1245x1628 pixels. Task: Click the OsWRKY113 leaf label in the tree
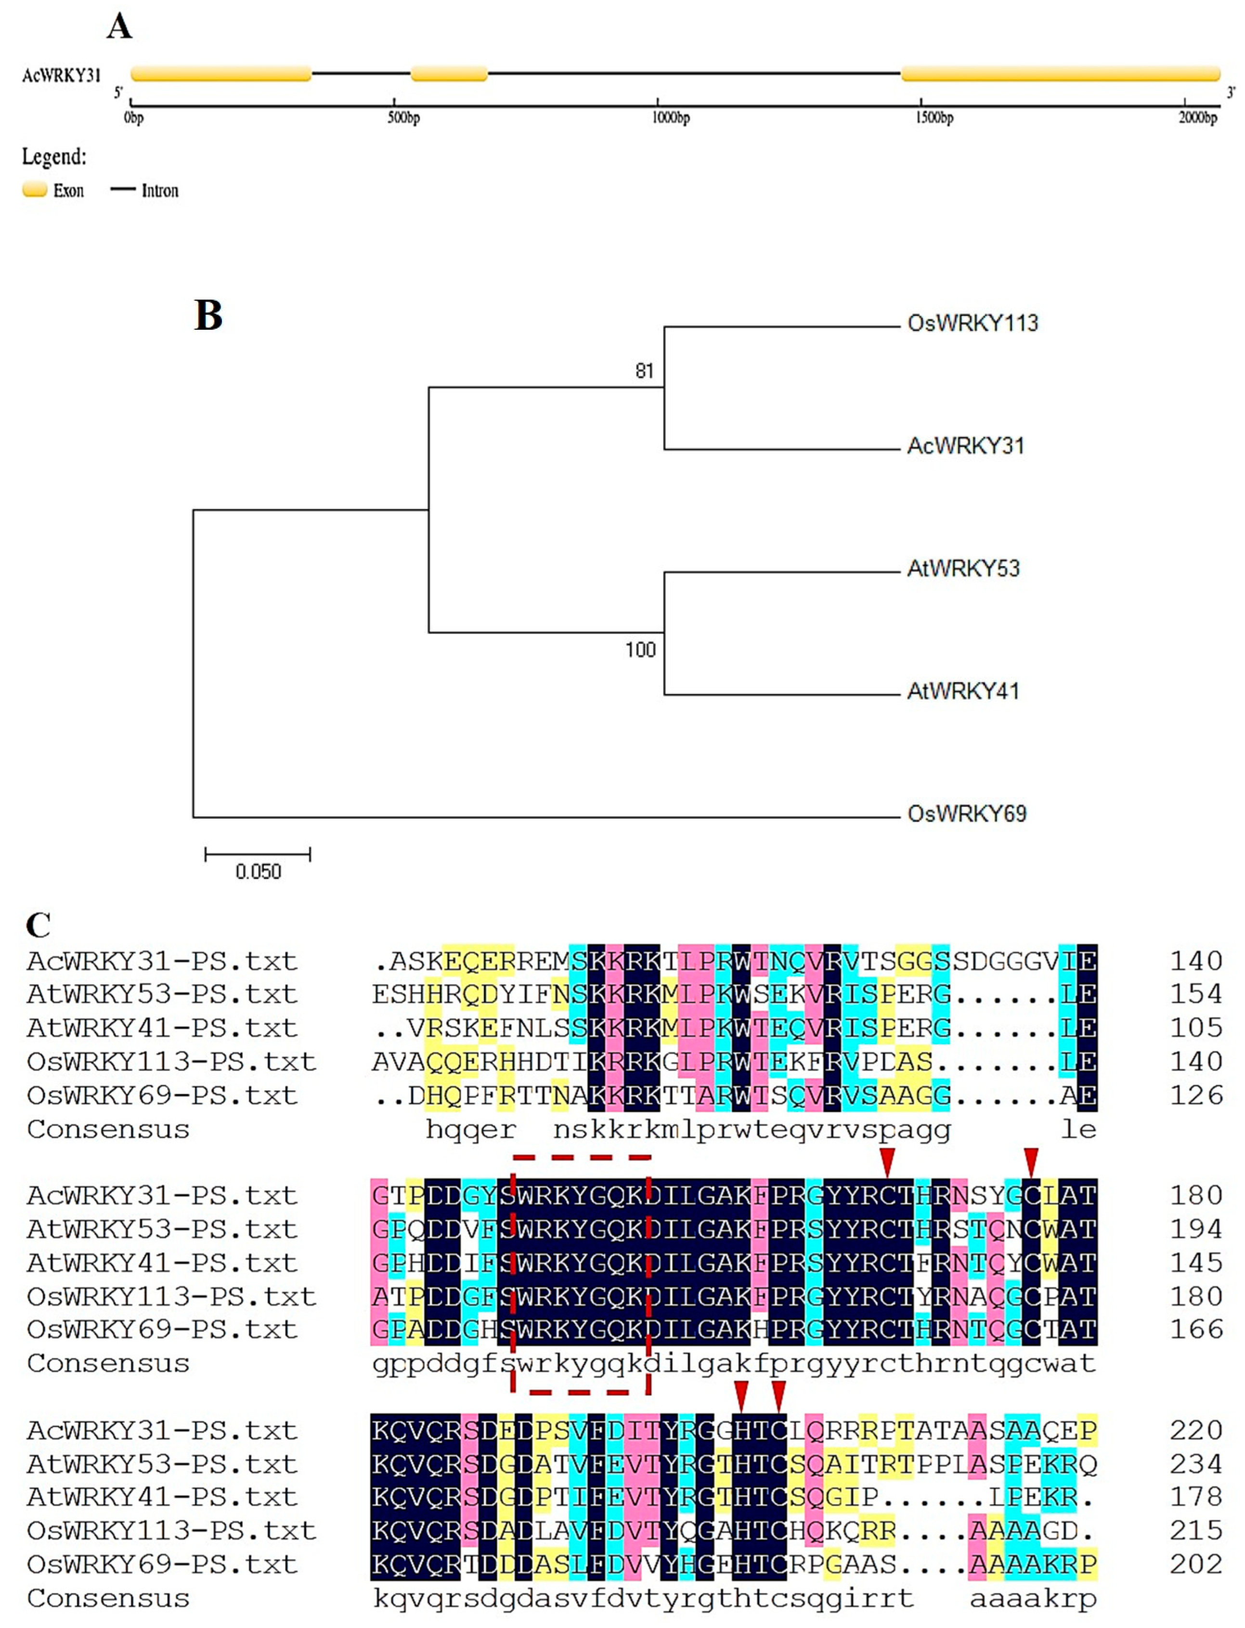point(973,324)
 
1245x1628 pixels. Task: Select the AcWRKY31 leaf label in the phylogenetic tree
point(966,446)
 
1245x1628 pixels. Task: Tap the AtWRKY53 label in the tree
point(963,569)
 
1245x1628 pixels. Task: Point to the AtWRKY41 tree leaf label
point(963,691)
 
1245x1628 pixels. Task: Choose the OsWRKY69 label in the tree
point(967,814)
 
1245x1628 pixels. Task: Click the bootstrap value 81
point(644,371)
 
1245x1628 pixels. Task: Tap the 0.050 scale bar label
point(258,871)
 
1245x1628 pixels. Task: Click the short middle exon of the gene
point(449,73)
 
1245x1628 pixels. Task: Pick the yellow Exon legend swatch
point(35,190)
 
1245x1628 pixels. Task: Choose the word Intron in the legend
point(160,191)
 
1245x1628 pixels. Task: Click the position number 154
point(1195,995)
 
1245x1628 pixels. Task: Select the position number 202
point(1195,1564)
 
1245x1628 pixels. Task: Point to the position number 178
point(1195,1497)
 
